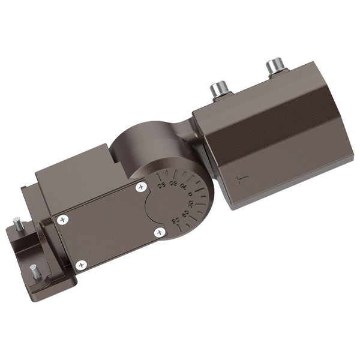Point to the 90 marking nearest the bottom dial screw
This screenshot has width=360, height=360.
click(x=176, y=221)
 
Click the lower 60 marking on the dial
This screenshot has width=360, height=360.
click(x=184, y=215)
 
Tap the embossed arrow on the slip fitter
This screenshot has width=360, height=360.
click(x=240, y=179)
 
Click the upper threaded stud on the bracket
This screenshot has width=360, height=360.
click(x=18, y=224)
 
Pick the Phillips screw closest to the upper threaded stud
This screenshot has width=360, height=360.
click(x=62, y=220)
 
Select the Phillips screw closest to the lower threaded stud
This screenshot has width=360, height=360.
click(x=81, y=265)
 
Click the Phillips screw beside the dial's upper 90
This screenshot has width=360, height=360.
click(x=141, y=187)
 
